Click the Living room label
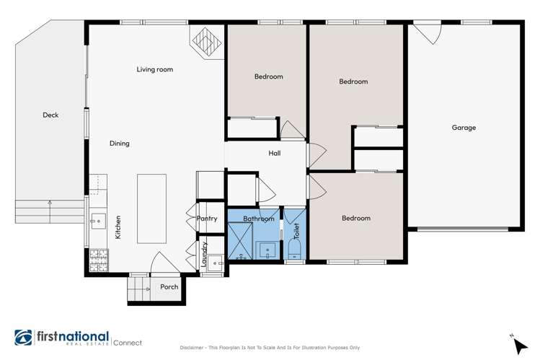(x=155, y=70)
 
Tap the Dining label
(x=120, y=144)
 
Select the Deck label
(x=50, y=115)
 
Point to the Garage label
(x=464, y=128)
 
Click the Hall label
(x=275, y=153)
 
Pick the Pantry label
(x=207, y=219)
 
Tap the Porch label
(x=169, y=286)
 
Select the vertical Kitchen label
(x=118, y=228)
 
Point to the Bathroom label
(x=258, y=219)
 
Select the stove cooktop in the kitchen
(x=97, y=260)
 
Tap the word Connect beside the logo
(x=127, y=343)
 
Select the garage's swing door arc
(x=429, y=34)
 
